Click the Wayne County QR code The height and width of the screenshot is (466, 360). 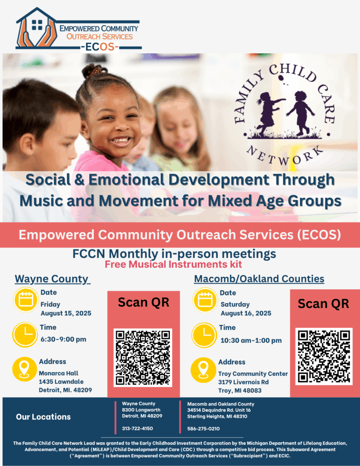pos(143,358)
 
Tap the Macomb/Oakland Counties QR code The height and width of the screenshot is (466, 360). pos(324,356)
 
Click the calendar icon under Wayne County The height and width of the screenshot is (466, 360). pos(26,299)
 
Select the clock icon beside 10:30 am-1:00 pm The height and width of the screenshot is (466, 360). pos(204,335)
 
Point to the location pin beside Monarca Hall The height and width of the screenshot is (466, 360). pos(25,369)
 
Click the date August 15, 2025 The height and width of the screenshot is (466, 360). pos(66,313)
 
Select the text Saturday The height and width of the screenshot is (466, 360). pos(235,304)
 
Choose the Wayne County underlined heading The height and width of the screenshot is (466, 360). pos(52,279)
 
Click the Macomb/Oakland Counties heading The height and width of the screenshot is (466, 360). pos(259,279)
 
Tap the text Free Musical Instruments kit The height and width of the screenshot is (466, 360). pos(173,264)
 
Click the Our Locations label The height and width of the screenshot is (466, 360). pos(43,417)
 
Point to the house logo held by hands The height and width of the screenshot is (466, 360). pos(36,28)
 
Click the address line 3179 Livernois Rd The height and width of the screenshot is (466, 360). pos(243,382)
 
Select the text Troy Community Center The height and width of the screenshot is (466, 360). pos(253,374)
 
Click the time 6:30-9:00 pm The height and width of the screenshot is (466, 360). pos(63,339)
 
